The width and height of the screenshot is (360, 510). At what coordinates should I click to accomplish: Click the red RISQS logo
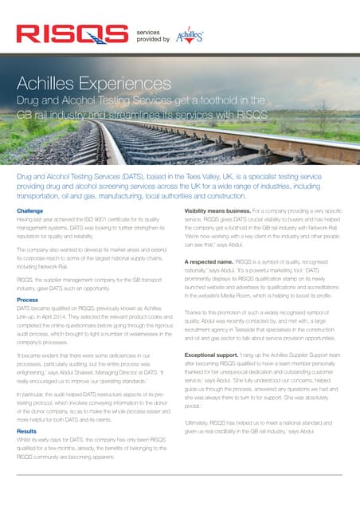click(72, 33)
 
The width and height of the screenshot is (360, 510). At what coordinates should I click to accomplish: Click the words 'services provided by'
click(153, 33)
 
